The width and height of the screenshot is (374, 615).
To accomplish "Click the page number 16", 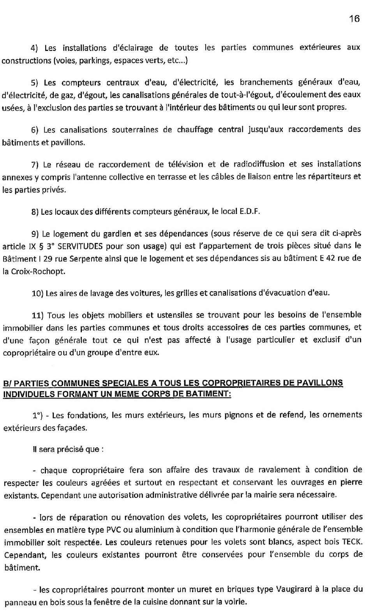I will (x=354, y=19).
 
